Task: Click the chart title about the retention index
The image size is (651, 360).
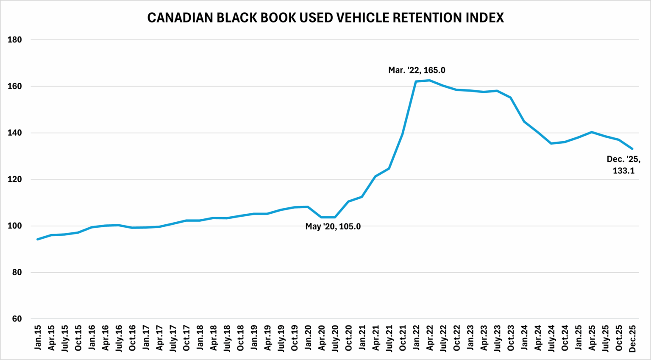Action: (x=325, y=17)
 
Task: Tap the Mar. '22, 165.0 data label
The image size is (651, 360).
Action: (x=417, y=70)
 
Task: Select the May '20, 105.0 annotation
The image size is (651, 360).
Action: (x=333, y=227)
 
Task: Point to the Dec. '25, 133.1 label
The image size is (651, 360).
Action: (x=623, y=165)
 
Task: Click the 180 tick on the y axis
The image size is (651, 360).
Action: (x=15, y=40)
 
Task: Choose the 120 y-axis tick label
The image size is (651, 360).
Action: (x=15, y=179)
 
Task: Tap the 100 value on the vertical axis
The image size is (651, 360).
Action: (x=15, y=226)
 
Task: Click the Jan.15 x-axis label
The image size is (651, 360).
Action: (x=38, y=338)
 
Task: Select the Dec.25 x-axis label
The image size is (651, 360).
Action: (x=632, y=338)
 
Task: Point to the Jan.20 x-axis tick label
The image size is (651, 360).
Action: (x=308, y=338)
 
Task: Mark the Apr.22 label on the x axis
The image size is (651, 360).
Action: (x=430, y=338)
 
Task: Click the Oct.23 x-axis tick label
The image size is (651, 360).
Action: (x=511, y=338)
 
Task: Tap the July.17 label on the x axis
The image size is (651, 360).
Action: (x=172, y=338)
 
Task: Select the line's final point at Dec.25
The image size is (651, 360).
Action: (x=632, y=149)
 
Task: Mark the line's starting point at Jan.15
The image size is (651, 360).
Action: (x=38, y=239)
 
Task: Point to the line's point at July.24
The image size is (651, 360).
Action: (x=551, y=143)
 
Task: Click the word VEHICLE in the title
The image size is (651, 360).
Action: (x=362, y=17)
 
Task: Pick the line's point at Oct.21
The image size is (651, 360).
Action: (x=402, y=134)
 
